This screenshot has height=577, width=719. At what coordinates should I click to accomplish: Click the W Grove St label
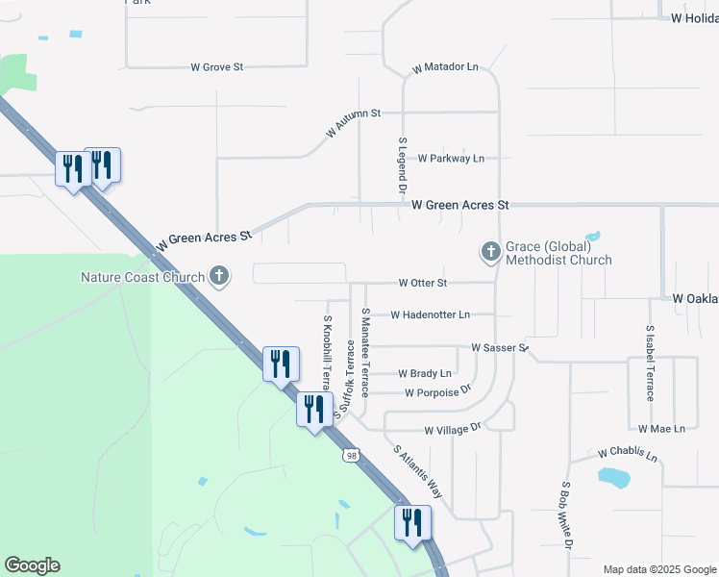tap(217, 67)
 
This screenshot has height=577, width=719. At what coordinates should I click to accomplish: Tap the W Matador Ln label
tap(445, 68)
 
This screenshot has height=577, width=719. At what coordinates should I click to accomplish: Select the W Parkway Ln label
tap(451, 158)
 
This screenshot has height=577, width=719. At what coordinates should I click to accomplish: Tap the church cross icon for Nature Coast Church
tap(219, 277)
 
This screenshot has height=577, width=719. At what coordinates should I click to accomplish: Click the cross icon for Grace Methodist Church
tap(490, 252)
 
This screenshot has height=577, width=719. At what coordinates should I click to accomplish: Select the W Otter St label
tap(423, 283)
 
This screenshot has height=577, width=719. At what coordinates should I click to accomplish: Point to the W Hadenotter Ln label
tap(430, 314)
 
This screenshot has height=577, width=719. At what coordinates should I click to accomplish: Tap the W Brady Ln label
tap(425, 373)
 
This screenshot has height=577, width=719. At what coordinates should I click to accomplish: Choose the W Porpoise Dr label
tap(438, 391)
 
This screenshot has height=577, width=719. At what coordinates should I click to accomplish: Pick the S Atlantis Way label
tap(418, 470)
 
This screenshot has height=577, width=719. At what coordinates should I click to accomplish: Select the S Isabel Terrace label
tap(651, 363)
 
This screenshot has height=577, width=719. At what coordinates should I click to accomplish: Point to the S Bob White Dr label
tap(567, 516)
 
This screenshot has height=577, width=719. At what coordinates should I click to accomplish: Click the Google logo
tap(32, 565)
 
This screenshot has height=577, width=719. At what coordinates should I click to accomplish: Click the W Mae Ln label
tap(661, 428)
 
